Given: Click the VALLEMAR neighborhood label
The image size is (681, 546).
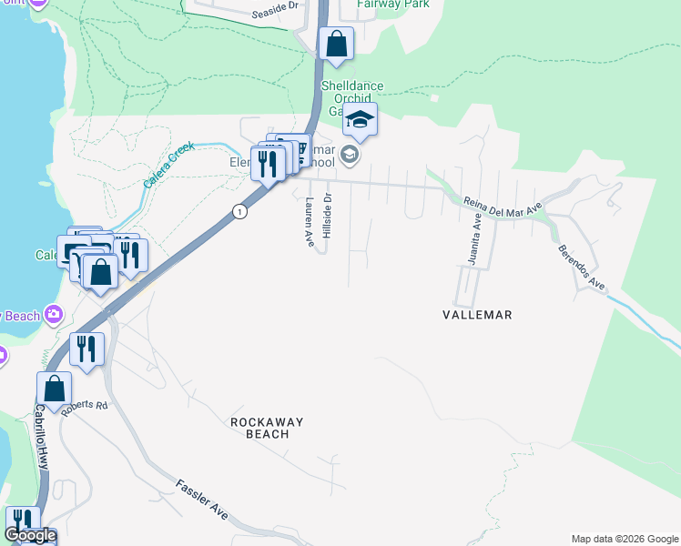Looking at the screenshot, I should [x=477, y=315].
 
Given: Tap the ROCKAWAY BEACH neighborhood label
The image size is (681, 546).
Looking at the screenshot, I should [x=260, y=428].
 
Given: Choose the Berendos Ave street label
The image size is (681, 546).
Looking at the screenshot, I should [x=582, y=268].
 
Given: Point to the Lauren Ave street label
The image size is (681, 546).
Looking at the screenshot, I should [x=310, y=223].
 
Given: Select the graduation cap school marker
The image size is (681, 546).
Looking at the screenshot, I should [x=361, y=119].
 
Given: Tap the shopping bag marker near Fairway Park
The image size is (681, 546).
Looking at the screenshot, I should [x=336, y=43].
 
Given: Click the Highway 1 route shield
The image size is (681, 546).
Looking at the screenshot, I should [x=239, y=211].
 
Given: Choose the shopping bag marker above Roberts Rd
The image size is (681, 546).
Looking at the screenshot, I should [x=54, y=389].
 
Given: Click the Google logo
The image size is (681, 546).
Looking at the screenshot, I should [x=30, y=536].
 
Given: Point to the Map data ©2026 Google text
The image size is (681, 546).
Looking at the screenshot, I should [x=625, y=539].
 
